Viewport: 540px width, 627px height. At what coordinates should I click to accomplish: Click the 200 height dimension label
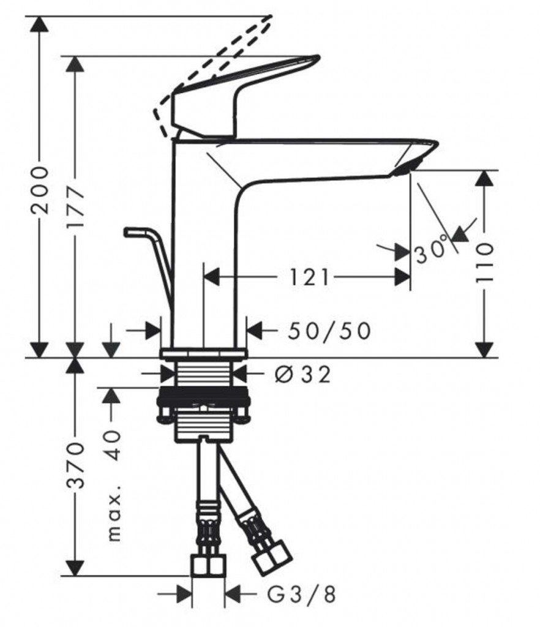tap(40, 190)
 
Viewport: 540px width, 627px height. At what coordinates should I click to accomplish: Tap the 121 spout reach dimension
tap(309, 277)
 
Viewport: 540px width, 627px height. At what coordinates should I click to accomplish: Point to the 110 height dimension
tap(484, 261)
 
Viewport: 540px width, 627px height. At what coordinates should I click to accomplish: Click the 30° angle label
tap(431, 250)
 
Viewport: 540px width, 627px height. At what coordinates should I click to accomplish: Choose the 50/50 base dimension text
tap(329, 331)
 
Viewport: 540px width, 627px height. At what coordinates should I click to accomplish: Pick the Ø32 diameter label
tap(303, 375)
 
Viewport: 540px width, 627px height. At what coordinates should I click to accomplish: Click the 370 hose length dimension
tap(75, 465)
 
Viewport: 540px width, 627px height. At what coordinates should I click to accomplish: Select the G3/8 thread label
tap(301, 594)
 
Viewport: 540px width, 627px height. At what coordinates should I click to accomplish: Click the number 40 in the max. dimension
tap(113, 445)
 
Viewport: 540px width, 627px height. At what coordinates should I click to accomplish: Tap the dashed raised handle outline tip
tap(269, 18)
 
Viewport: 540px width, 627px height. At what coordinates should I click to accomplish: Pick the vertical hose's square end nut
tap(208, 565)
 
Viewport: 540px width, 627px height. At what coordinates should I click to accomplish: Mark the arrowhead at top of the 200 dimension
tap(40, 24)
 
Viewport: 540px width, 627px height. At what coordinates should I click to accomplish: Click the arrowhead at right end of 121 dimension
tap(402, 277)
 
